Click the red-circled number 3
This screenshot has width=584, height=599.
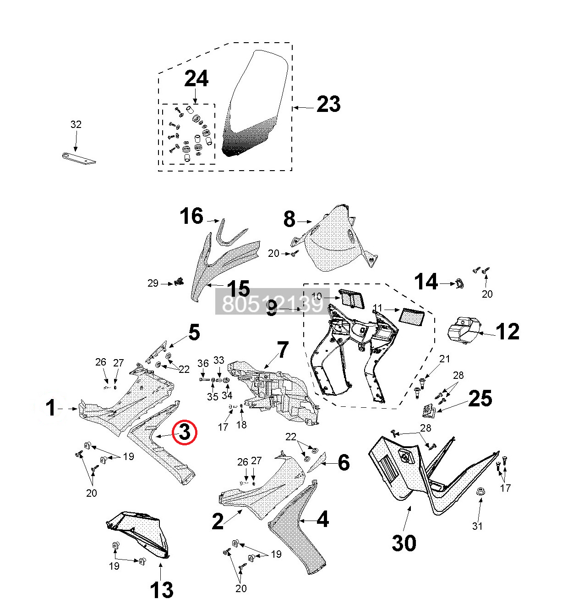[184, 432]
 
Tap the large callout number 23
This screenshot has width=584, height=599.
[328, 105]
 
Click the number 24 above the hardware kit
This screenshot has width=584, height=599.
[196, 79]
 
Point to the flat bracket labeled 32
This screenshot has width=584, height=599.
[79, 158]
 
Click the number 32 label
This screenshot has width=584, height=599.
[76, 124]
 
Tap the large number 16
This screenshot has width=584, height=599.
[191, 216]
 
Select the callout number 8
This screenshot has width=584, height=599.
[289, 219]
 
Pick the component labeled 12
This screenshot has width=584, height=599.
[464, 329]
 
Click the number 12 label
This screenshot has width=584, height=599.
[508, 332]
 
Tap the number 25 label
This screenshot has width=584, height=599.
[480, 399]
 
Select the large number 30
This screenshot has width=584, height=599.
[404, 543]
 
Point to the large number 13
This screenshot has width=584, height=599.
[162, 589]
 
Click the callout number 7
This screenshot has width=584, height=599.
[283, 350]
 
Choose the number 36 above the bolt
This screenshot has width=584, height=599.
[203, 364]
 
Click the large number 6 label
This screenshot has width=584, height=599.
[344, 463]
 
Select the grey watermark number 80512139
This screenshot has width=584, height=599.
[272, 303]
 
